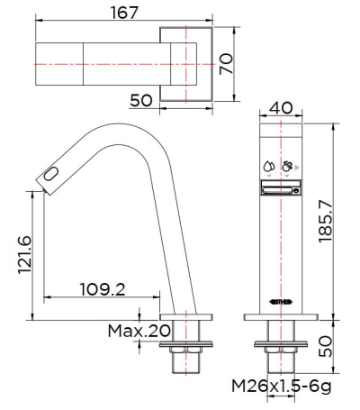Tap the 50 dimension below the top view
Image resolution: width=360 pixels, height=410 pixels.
tap(140, 101)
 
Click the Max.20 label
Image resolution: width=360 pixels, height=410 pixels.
tap(139, 331)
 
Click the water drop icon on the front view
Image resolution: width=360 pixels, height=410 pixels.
tap(268, 166)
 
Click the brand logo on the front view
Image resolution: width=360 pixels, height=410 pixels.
tap(281, 302)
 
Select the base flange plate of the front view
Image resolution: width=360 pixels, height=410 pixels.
tap(281, 317)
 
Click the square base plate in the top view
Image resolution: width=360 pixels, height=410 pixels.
tap(184, 66)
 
